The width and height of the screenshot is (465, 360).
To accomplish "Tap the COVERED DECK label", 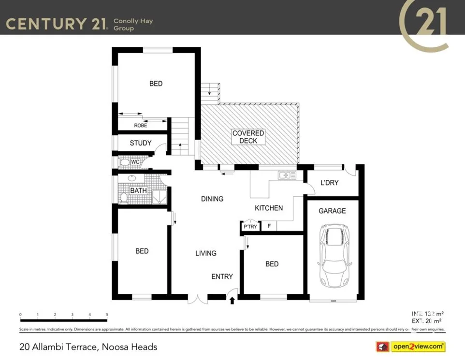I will tap(248, 137).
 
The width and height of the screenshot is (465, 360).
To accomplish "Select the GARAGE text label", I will tap(332, 211).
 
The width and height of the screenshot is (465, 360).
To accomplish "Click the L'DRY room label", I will tap(329, 183).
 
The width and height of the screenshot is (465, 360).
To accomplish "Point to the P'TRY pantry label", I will tap(250, 227).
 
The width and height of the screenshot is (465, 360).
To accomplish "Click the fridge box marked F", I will tap(269, 226).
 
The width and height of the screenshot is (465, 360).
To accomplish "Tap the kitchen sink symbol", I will tap(287, 175).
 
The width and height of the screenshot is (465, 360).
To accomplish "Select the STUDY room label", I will tap(141, 143).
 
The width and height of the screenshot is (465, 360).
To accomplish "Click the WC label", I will tap(135, 162).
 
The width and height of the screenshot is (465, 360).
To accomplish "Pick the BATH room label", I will tap(138, 190).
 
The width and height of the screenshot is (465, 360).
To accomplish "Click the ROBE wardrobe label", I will tap(141, 125).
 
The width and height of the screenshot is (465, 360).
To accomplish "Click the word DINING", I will tap(212, 199).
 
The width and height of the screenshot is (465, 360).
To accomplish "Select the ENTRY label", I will tap(222, 276).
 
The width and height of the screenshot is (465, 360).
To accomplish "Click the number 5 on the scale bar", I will tap(107, 315).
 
